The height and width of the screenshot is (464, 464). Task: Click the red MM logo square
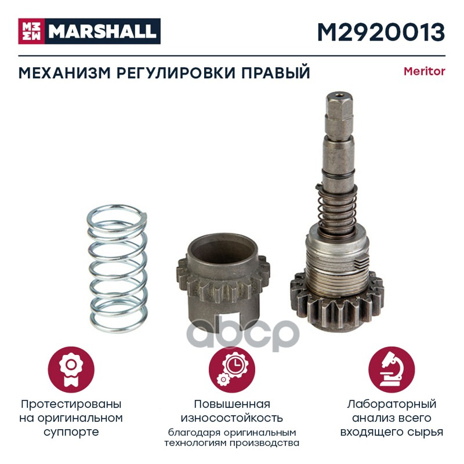click(32, 31)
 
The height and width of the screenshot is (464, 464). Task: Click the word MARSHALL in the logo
click(103, 31)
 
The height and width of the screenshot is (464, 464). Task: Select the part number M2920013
click(381, 32)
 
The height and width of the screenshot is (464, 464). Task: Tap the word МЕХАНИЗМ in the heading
click(65, 73)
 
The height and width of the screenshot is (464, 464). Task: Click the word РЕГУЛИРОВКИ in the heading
click(176, 73)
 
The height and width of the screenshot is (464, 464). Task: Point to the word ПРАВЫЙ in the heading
click(276, 72)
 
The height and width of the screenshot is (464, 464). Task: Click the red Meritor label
click(425, 71)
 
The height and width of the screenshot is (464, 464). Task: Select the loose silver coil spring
click(118, 269)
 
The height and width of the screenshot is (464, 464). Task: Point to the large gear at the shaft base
click(337, 303)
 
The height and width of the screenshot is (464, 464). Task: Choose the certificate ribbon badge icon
click(71, 369)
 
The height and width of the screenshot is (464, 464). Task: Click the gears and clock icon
click(232, 369)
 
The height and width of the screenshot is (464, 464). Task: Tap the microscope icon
click(391, 369)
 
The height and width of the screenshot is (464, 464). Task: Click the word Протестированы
click(71, 404)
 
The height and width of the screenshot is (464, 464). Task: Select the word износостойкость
click(231, 418)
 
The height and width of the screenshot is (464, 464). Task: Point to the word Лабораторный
click(391, 404)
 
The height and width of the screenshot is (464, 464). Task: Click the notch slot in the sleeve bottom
click(228, 321)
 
